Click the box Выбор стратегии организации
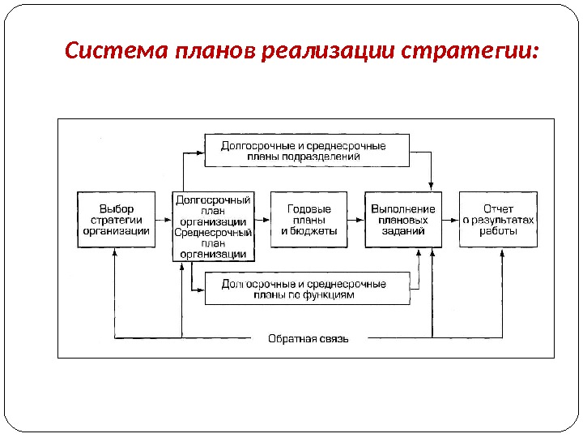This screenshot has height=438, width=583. tap(116, 220)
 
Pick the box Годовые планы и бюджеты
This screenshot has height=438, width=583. tap(308, 220)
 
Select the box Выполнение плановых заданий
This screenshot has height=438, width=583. tap(403, 220)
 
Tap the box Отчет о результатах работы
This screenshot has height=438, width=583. tap(498, 220)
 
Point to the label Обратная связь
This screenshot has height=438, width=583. tap(309, 339)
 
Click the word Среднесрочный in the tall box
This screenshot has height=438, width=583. tap(213, 233)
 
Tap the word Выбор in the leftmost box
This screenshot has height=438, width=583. tap(116, 208)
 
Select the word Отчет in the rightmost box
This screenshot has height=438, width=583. tap(498, 208)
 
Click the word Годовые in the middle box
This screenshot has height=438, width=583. tap(308, 208)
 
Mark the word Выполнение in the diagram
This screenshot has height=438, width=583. tap(403, 208)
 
